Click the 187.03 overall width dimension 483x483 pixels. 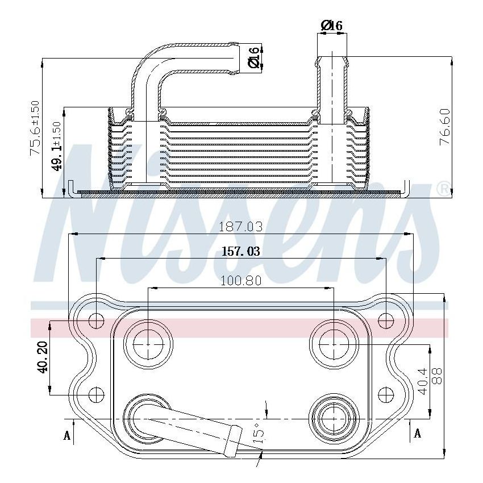pyautogui.click(x=241, y=227)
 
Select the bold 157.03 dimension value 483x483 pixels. pyautogui.click(x=241, y=252)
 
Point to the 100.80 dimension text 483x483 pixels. pyautogui.click(x=241, y=281)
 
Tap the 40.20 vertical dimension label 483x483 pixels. pyautogui.click(x=42, y=357)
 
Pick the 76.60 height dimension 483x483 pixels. pyautogui.click(x=445, y=127)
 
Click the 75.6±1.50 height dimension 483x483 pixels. pyautogui.click(x=35, y=128)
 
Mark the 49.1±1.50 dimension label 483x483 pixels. pyautogui.click(x=57, y=147)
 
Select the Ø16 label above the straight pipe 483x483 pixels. pyautogui.click(x=331, y=26)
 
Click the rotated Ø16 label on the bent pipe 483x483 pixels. pyautogui.click(x=255, y=57)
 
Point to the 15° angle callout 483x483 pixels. pyautogui.click(x=259, y=433)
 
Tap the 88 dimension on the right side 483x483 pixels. pyautogui.click(x=436, y=376)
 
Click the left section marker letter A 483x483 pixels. pyautogui.click(x=67, y=435)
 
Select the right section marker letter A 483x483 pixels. pyautogui.click(x=418, y=434)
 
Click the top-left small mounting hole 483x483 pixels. pyautogui.click(x=97, y=320)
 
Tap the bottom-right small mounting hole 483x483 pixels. pyautogui.click(x=386, y=393)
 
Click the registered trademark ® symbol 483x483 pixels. pyautogui.click(x=442, y=189)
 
